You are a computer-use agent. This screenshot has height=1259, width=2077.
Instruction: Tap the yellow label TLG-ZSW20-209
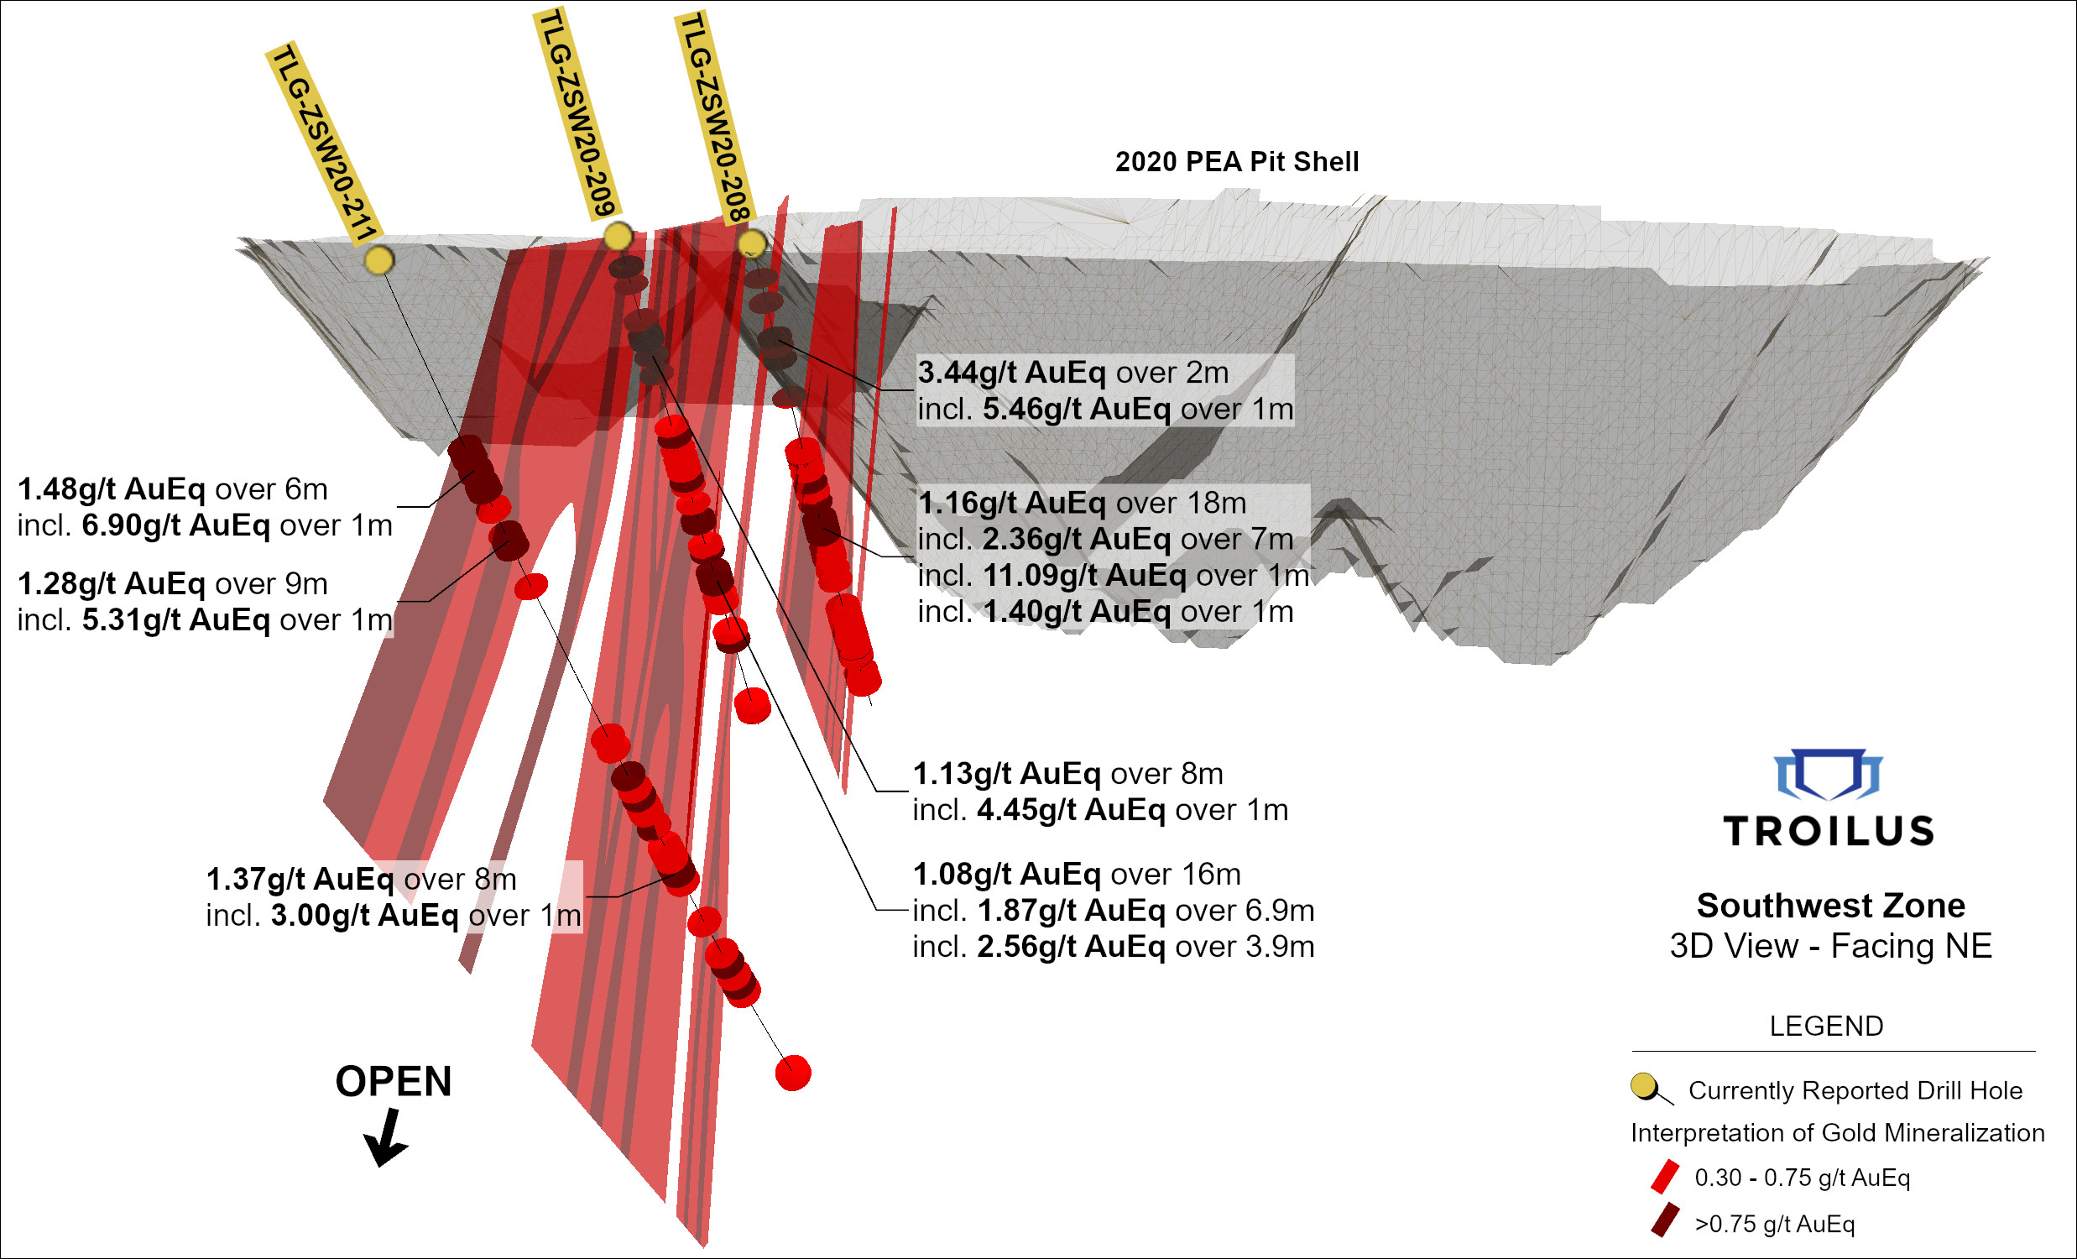578,114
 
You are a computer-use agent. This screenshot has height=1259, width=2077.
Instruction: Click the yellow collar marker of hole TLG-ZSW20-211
379,260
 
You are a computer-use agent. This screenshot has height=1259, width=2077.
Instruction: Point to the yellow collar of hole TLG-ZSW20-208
751,244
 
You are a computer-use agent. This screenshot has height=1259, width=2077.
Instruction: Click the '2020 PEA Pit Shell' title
1237,162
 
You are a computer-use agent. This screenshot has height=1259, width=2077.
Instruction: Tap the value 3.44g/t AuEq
1010,373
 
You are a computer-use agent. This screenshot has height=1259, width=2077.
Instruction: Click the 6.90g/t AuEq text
175,525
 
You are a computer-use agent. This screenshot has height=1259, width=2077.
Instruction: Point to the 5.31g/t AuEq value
175,619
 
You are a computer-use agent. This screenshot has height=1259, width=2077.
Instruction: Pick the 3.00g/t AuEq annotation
364,916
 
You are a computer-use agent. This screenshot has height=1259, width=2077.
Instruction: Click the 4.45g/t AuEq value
1071,811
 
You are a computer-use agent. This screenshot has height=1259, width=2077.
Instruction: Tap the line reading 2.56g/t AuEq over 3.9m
1113,947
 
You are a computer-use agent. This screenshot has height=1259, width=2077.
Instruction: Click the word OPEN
394,1082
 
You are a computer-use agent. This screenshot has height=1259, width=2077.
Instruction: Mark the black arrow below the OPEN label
386,1138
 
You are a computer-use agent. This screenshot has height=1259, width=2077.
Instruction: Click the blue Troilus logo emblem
1828,774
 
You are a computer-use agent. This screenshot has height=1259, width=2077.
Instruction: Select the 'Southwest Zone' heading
1831,906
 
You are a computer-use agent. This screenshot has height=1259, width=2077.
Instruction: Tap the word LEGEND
1826,1027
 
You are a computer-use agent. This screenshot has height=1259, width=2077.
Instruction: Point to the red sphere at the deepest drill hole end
793,1073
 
